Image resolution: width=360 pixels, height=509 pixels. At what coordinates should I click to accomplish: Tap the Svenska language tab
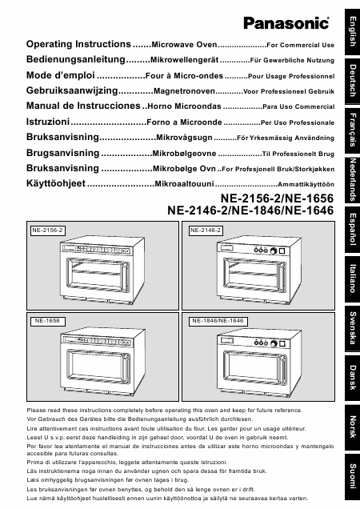350,328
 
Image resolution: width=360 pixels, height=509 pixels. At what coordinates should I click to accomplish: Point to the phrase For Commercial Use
299,46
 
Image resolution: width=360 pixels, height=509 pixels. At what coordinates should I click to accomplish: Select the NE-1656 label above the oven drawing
44,320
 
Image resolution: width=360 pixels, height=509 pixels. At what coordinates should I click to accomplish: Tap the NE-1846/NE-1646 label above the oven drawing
216,320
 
